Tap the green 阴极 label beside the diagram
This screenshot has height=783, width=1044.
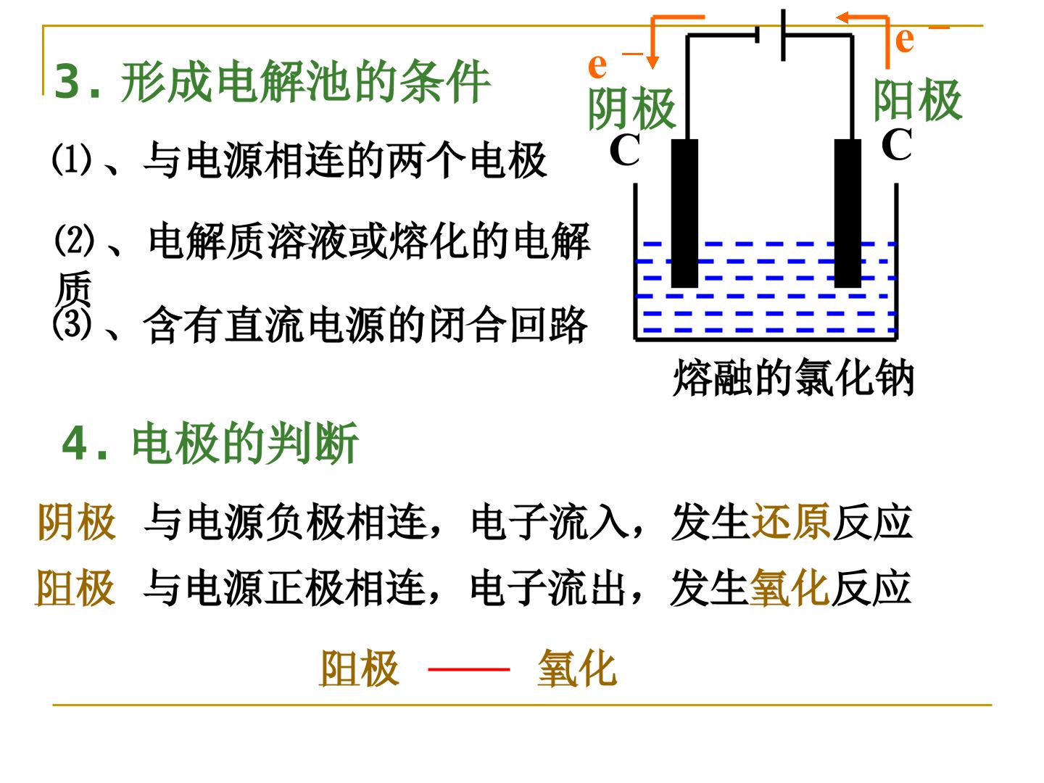632,109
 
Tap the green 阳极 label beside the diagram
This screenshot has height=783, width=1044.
918,100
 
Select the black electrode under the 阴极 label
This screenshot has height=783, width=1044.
684,213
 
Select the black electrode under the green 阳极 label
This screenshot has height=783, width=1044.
848,213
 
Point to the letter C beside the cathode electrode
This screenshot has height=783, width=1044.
624,149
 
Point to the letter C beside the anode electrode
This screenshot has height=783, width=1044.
896,144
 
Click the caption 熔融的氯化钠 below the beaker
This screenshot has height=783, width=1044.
793,378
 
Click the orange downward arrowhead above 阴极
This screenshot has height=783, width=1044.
653,62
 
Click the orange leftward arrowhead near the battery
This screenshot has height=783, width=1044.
842,18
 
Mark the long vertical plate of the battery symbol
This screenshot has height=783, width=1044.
783,36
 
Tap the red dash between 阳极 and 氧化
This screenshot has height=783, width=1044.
469,669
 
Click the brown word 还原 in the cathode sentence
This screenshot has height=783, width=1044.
791,522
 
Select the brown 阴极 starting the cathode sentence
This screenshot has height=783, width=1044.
77,522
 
